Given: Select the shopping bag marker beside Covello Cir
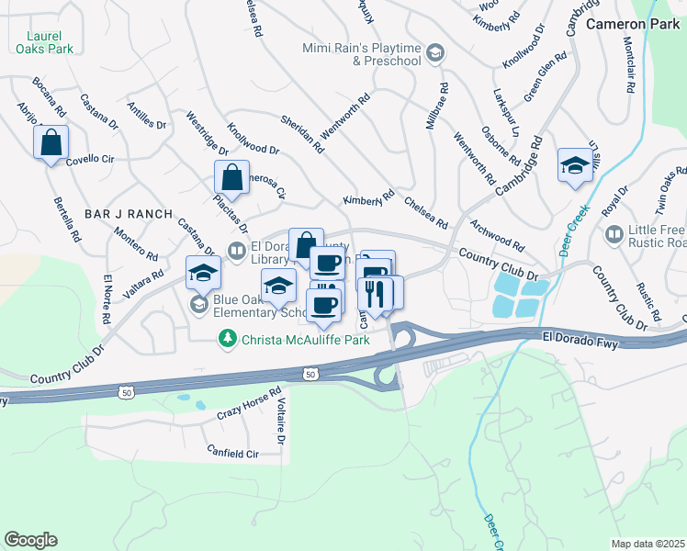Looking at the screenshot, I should pos(51,142).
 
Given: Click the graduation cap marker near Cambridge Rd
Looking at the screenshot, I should pos(574,166).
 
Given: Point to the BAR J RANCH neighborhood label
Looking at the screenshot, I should pos(129,214).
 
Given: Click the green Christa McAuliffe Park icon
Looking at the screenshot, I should pos(226,340).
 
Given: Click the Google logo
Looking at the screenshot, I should pos(30,540).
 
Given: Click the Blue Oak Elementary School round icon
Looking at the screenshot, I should pos(198,304).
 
